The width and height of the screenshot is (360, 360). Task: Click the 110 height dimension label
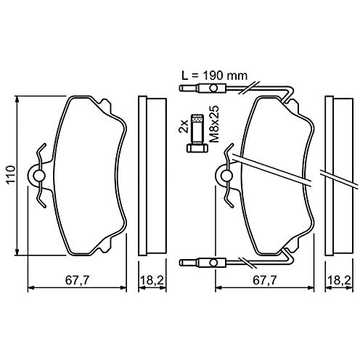(11, 176)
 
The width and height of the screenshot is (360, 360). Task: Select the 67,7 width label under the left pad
(77, 280)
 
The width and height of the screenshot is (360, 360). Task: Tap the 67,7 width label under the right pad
(265, 280)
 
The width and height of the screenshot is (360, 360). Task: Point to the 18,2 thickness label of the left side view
(152, 280)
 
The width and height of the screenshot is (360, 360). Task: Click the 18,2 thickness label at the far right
(339, 280)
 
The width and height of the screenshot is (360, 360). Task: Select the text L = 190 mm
(215, 75)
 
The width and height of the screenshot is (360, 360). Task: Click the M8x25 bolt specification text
(214, 124)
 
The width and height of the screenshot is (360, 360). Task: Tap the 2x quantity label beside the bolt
(184, 126)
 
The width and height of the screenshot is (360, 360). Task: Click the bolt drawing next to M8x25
(197, 133)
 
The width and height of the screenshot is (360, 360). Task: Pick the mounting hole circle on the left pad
(38, 176)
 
